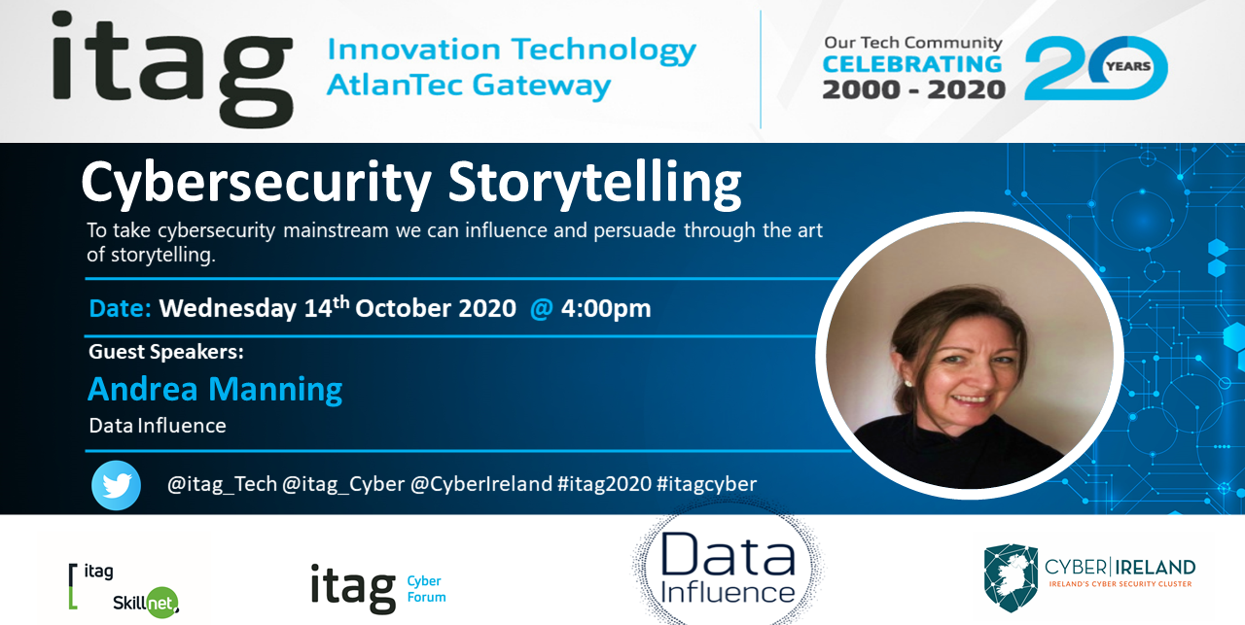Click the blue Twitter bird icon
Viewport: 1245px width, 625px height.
click(x=116, y=485)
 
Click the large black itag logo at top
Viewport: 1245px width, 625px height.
click(x=172, y=69)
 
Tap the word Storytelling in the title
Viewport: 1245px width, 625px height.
click(x=594, y=184)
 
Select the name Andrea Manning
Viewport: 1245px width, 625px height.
click(x=215, y=389)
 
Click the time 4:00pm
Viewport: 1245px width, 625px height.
click(x=606, y=308)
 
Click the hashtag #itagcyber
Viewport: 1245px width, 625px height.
click(x=706, y=484)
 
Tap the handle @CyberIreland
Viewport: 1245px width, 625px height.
click(x=481, y=484)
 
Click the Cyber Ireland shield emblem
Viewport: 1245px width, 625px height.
click(x=1011, y=577)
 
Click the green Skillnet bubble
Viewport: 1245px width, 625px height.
click(x=161, y=603)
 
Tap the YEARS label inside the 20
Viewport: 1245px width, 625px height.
click(x=1128, y=66)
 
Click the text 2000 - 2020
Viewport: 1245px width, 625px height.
click(x=913, y=89)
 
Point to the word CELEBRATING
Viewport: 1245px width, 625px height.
click(x=912, y=64)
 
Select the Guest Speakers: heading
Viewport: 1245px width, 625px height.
click(x=166, y=352)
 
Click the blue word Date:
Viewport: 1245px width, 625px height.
click(x=120, y=308)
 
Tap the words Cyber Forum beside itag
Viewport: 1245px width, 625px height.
click(x=426, y=589)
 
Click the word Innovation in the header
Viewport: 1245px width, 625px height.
click(x=413, y=49)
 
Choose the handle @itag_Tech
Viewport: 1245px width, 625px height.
click(x=222, y=484)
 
